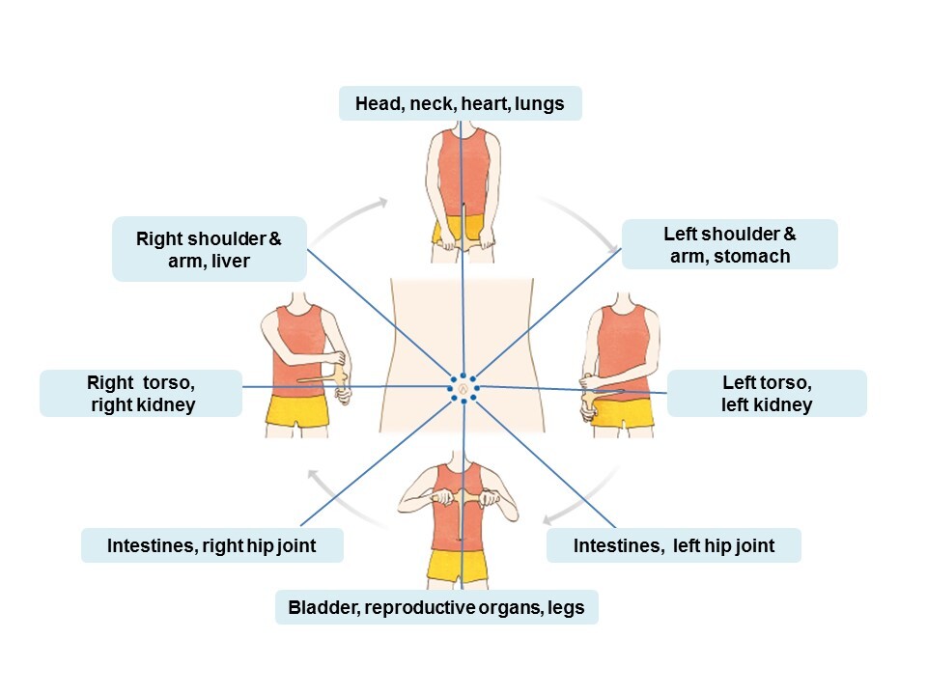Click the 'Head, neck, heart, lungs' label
460,103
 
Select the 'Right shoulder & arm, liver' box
210,249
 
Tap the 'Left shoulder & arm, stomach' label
730,244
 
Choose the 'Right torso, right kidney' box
141,393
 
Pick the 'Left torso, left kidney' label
767,393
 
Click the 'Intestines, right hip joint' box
212,544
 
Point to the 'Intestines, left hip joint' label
674,544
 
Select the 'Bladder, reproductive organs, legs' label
436,607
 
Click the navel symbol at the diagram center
463,388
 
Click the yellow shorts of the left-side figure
297,409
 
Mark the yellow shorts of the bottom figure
459,566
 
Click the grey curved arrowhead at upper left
382,204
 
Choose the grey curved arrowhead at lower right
548,520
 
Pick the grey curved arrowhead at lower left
314,475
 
